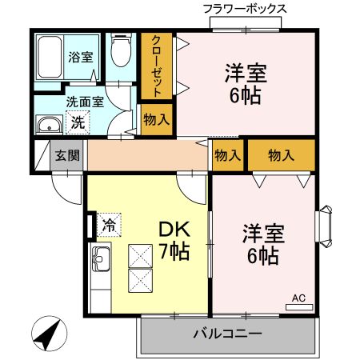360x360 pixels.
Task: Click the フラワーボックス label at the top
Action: [244, 10]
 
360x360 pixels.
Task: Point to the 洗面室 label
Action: [85, 102]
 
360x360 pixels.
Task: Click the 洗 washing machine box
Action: [78, 122]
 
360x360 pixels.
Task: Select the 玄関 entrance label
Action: [67, 155]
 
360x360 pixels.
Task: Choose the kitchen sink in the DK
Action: [102, 258]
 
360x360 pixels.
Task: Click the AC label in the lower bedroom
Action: [298, 299]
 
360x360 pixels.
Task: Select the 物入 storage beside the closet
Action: [156, 120]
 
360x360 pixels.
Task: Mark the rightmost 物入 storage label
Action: [281, 155]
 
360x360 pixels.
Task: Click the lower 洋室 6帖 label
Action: [261, 246]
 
